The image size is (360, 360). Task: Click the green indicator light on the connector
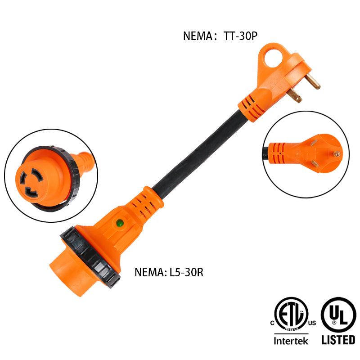[x=120, y=223]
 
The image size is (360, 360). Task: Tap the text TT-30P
[x=240, y=36]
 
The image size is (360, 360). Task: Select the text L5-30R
[x=186, y=272]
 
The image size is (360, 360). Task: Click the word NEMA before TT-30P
[x=198, y=36]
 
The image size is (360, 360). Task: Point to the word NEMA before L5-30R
[x=149, y=272]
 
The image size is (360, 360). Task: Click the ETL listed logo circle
[x=291, y=314]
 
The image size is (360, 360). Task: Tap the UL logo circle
[x=338, y=315]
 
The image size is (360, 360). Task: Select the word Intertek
[x=291, y=341]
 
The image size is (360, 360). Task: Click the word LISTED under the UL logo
[x=338, y=340]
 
